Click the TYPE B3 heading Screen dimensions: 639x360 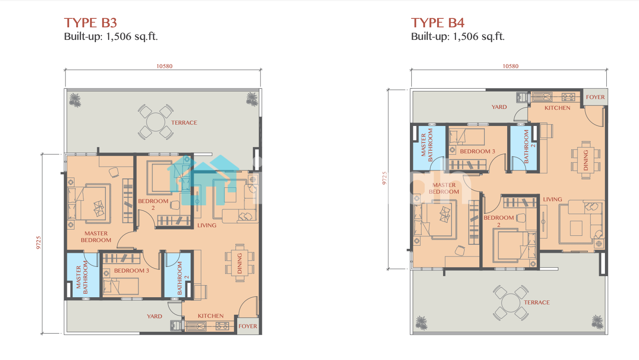(x=91, y=23)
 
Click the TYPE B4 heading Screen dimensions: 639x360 (x=438, y=23)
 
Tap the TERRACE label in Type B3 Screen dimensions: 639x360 (x=184, y=123)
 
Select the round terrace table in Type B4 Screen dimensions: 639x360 (x=510, y=303)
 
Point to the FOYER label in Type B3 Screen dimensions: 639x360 (x=248, y=326)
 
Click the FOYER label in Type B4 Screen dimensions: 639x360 (x=596, y=97)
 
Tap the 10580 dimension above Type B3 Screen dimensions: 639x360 (x=164, y=66)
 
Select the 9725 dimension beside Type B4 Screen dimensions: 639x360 (x=385, y=178)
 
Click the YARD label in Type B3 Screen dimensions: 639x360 (x=154, y=316)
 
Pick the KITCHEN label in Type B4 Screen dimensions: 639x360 (x=557, y=108)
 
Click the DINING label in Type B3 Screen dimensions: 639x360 (x=239, y=263)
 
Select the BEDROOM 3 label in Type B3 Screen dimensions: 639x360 (x=131, y=270)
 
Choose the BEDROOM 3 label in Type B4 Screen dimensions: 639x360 (x=478, y=151)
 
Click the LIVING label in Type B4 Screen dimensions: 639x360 (x=552, y=200)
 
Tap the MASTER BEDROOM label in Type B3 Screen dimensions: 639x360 (x=96, y=237)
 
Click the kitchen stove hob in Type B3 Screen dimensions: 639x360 (x=222, y=325)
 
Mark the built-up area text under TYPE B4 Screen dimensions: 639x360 (x=457, y=36)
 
